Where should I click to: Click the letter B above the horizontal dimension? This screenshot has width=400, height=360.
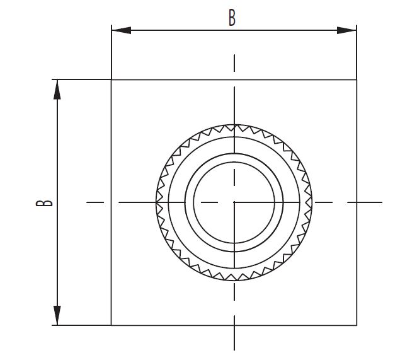[232, 18]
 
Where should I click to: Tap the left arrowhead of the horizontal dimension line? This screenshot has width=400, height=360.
[122, 30]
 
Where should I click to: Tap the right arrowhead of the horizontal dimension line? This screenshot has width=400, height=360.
[346, 30]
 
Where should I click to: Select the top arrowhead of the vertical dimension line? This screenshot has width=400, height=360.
[57, 90]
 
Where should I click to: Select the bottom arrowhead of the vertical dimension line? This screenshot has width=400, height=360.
[57, 315]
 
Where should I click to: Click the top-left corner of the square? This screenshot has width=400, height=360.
[111, 80]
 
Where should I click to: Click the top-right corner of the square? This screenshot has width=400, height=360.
[357, 80]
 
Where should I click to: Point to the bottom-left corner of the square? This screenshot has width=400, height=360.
[111, 325]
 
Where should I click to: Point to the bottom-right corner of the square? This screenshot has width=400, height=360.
[357, 325]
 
